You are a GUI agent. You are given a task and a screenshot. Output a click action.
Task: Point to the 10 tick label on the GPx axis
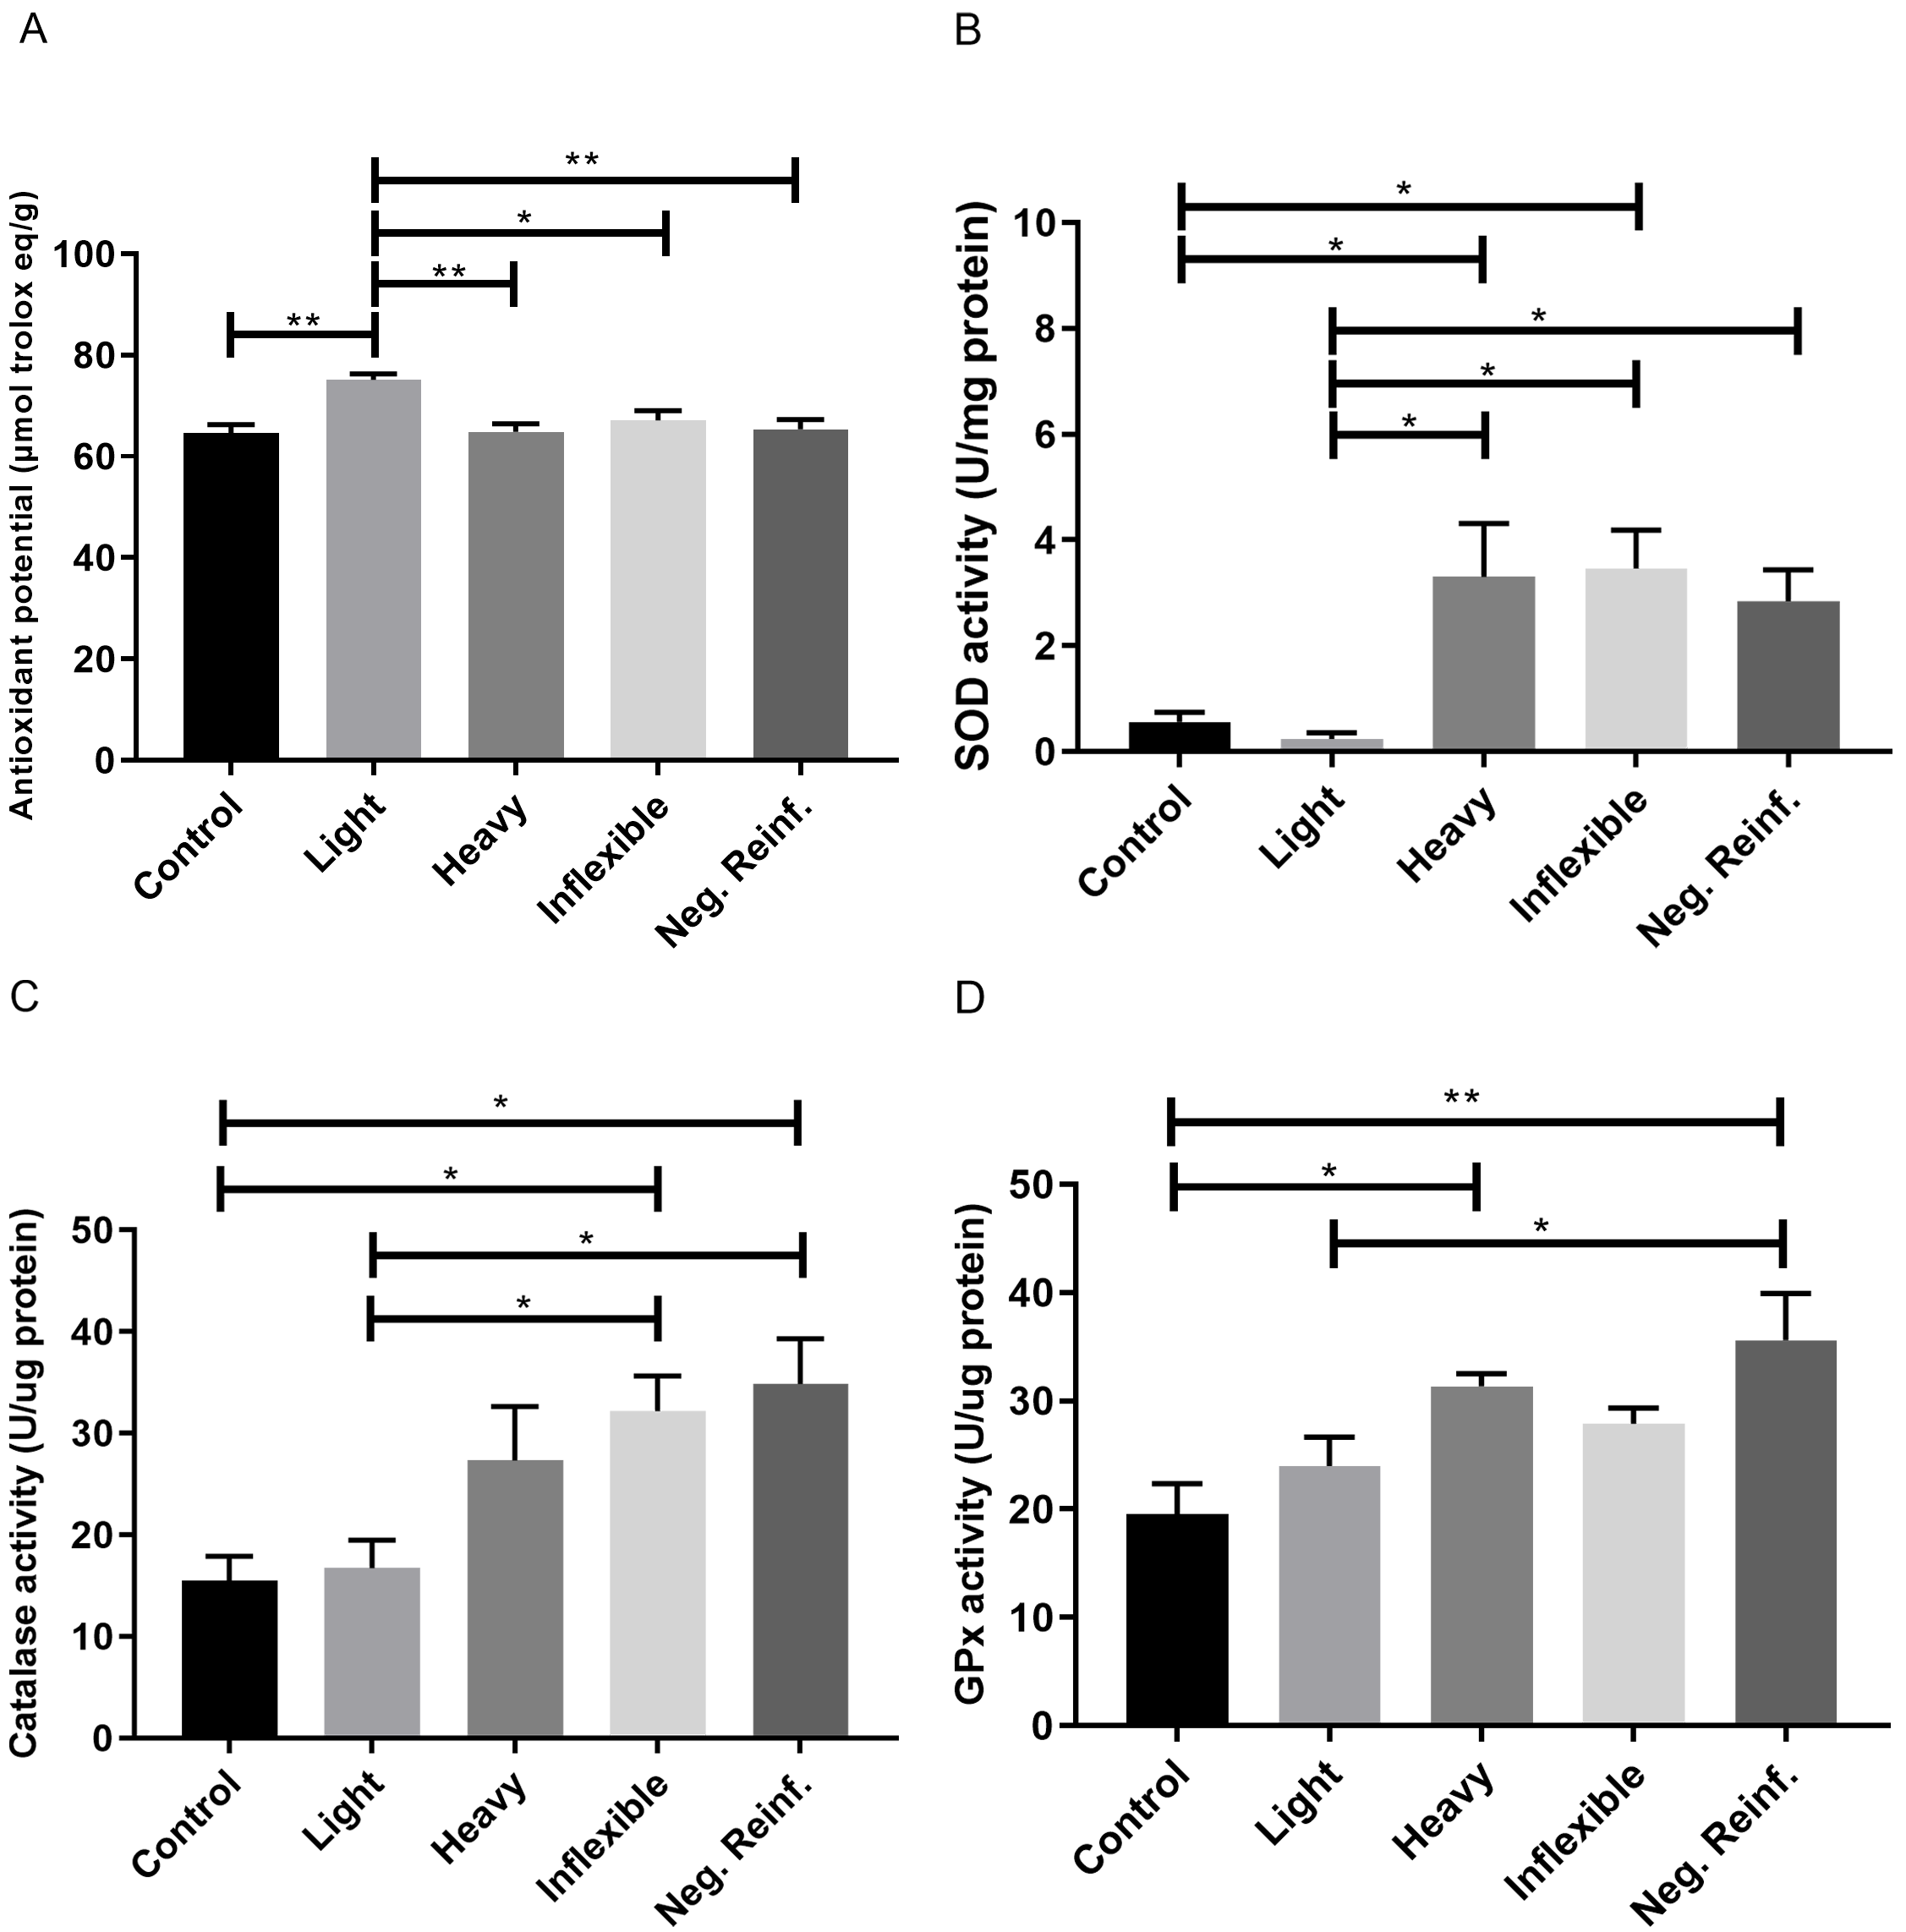click(1036, 1617)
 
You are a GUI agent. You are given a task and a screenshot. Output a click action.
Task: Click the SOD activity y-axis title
click(974, 485)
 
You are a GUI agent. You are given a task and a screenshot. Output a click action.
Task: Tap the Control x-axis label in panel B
click(1137, 841)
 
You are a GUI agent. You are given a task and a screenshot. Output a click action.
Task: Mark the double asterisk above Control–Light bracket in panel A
click(303, 320)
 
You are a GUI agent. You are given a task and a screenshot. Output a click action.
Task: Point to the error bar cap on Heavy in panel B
click(1483, 523)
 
